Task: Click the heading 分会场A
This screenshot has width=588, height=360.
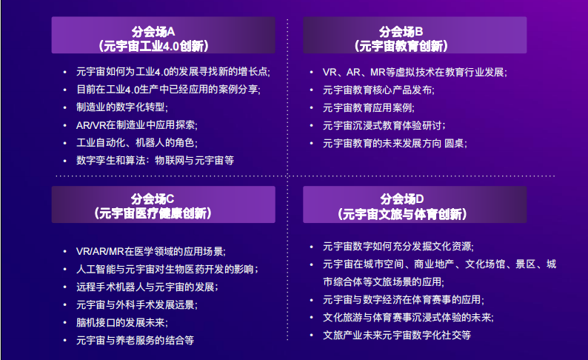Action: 153,32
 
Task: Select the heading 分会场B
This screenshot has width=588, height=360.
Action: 401,32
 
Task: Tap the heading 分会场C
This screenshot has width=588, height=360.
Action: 153,199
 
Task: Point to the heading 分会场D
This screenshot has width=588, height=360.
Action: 402,199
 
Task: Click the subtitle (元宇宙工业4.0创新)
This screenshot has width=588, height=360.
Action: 153,46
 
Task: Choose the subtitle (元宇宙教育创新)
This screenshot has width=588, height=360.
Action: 401,46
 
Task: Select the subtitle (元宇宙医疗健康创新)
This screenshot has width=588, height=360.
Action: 153,213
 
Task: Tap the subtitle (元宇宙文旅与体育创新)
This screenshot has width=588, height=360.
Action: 402,214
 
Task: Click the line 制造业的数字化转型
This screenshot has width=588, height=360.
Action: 122,107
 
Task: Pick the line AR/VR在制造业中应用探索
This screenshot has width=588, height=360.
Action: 136,125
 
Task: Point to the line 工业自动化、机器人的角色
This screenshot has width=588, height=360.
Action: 136,143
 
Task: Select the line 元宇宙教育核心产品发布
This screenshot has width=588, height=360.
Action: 378,90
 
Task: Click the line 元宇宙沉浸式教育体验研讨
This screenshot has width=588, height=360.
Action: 384,126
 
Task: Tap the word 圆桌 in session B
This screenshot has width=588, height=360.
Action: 454,143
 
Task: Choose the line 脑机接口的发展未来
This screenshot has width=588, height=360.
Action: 122,322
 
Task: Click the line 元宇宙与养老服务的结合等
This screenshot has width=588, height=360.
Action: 135,340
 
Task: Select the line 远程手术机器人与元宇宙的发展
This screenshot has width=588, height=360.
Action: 147,287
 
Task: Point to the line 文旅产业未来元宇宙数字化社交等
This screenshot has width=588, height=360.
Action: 397,335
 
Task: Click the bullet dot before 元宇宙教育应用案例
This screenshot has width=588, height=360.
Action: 311,107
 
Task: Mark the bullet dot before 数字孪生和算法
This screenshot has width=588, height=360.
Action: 65,161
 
